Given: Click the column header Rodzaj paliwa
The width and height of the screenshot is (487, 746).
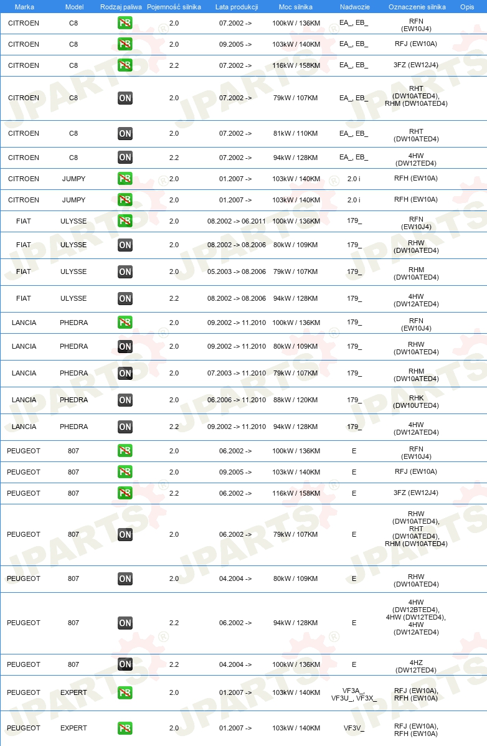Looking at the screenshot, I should [121, 7].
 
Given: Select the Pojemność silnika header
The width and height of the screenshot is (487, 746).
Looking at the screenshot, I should [174, 7].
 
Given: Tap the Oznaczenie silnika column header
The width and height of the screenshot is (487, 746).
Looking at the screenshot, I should [416, 7].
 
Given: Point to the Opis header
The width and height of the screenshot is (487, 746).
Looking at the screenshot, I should [466, 7].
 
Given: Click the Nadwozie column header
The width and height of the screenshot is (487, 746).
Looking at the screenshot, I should [354, 7].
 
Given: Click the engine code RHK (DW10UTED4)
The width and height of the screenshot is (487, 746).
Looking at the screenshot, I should [416, 400].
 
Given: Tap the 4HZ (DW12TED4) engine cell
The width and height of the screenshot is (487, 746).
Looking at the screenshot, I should [416, 664].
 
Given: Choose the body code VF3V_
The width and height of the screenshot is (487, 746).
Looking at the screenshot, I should [354, 728].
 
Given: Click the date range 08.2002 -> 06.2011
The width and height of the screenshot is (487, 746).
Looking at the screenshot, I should [236, 221].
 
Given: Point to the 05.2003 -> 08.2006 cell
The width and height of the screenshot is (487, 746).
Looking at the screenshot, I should [236, 271].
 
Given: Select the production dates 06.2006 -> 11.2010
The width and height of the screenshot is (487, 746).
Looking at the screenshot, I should [236, 400].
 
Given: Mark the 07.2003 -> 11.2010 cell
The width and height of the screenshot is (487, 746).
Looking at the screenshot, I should [236, 373].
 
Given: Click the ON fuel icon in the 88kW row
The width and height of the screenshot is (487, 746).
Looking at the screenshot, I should [125, 400].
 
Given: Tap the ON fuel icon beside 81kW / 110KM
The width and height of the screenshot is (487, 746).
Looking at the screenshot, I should [125, 134].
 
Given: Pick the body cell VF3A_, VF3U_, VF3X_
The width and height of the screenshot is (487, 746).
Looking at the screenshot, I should [354, 692].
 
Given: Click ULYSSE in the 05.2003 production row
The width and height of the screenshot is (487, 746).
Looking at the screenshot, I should [73, 271].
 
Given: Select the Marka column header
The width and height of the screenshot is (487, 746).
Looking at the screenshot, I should [24, 7].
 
